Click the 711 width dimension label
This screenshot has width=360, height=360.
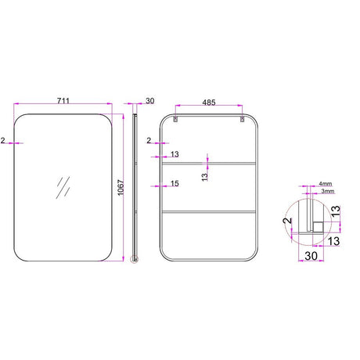pos(63,100)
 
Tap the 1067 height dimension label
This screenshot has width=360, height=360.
pos(121,188)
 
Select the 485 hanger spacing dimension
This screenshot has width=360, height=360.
pos(209,103)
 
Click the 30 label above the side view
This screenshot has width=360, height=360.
pos(150,101)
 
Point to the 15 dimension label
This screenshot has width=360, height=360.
pos(175,183)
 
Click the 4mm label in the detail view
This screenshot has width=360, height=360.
pos(326,184)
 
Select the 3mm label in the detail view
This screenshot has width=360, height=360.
pos(328,191)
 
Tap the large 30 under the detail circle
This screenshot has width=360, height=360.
pos(311,256)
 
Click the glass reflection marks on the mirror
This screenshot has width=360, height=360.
pos(63,187)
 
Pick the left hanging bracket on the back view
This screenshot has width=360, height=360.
pos(175,119)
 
